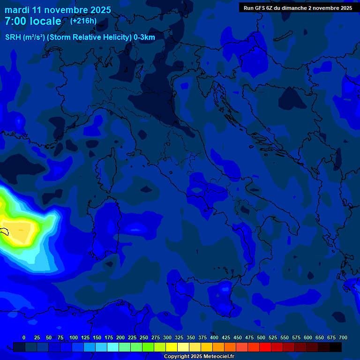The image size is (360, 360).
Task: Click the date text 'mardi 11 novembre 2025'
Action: [x=58, y=10]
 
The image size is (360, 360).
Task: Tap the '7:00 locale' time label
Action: [x=33, y=21]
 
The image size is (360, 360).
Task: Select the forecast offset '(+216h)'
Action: [x=83, y=21]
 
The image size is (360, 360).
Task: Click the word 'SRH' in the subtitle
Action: [x=13, y=37]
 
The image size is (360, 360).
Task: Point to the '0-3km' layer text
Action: [x=144, y=37]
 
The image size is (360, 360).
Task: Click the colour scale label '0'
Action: [x=24, y=337]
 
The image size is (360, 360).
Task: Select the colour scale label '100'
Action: [x=74, y=337]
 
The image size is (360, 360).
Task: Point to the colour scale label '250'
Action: [x=144, y=337]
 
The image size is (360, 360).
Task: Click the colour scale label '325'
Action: [x=179, y=337]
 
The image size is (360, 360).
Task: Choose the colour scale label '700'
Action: [x=343, y=337]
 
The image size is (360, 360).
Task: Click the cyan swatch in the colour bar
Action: [x=112, y=347]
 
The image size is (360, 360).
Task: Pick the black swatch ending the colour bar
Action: [x=335, y=347]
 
